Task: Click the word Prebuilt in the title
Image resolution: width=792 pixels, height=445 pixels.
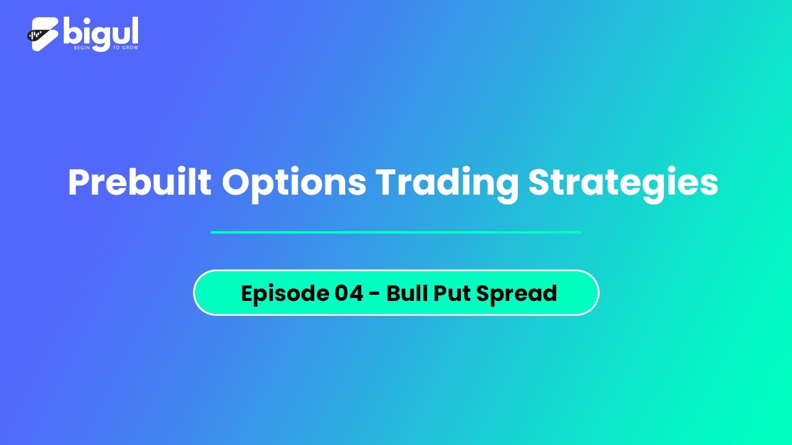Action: tap(140, 182)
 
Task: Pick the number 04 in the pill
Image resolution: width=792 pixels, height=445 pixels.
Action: tap(349, 293)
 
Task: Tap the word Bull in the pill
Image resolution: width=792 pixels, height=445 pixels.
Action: tap(407, 293)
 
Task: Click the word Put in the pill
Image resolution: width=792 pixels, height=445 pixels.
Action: tap(452, 293)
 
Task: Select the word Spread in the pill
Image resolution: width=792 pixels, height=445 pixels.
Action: tap(517, 294)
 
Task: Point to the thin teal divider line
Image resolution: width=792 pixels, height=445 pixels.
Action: tap(396, 232)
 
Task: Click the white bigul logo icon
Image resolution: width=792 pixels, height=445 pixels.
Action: tap(43, 34)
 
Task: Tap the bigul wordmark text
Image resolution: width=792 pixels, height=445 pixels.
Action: tap(101, 33)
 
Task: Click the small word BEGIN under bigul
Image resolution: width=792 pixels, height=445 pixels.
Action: tap(82, 48)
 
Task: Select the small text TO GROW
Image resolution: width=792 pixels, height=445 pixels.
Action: tap(126, 48)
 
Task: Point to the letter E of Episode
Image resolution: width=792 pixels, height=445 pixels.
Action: tap(248, 293)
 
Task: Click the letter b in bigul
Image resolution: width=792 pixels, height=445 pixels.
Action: tap(73, 31)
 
